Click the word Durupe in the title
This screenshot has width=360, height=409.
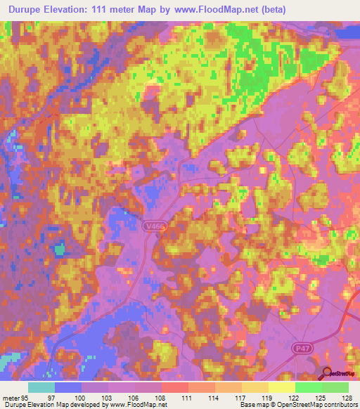[30, 9]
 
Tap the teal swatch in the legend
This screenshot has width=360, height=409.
[41, 387]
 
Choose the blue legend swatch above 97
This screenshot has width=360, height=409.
[68, 387]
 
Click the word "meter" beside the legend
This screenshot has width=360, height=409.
[10, 396]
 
